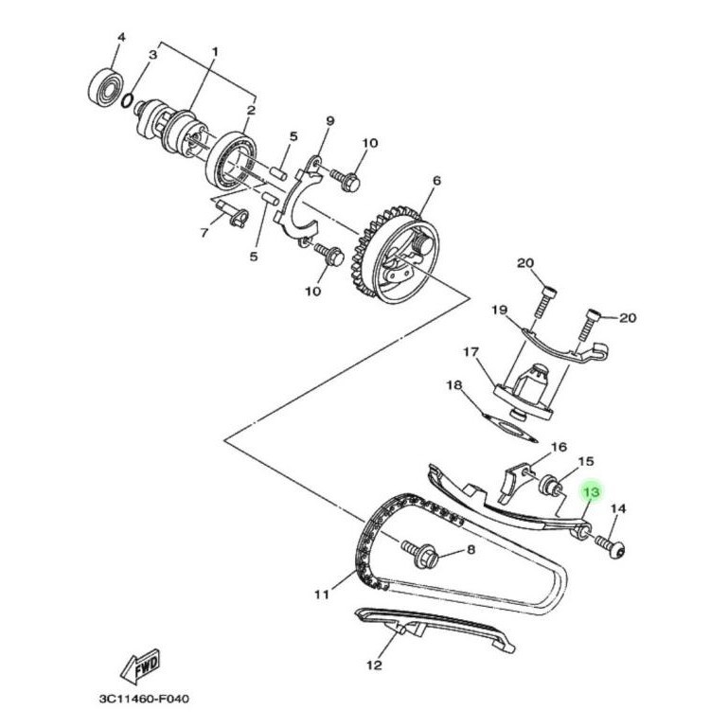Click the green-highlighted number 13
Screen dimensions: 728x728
(592, 493)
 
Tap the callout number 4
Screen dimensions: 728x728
(120, 39)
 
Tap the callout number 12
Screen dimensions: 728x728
(374, 665)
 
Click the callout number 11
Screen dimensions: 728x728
(321, 595)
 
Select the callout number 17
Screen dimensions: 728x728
(471, 352)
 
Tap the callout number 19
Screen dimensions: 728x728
(499, 310)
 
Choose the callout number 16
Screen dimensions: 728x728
(559, 447)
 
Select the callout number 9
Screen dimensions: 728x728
(330, 120)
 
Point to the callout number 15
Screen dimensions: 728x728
(586, 461)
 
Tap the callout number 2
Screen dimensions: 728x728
(250, 111)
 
